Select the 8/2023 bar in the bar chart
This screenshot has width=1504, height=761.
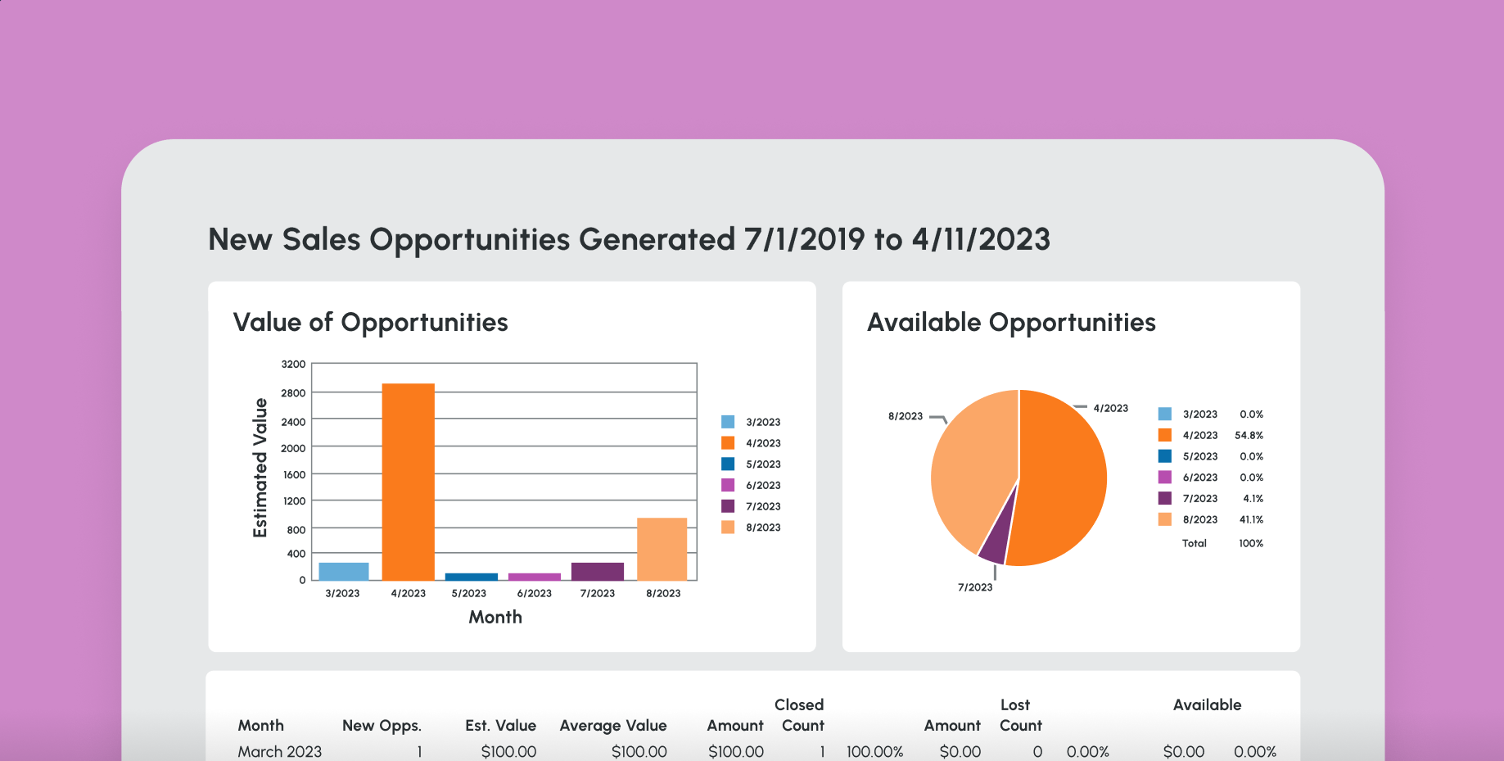coord(662,549)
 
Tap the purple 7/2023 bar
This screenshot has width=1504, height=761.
coord(598,571)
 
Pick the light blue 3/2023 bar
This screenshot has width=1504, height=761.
coord(343,571)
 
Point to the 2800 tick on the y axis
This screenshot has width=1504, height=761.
coord(293,393)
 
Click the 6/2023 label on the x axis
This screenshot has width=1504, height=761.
coord(534,593)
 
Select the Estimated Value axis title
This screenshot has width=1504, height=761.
coord(260,468)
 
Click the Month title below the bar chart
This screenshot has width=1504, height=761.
coord(495,618)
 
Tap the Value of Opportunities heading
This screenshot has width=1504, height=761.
coord(370,323)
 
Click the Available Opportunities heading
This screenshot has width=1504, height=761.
coord(1011,323)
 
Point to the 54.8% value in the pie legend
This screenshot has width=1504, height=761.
coord(1249,436)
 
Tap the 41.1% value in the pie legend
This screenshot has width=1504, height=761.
coord(1250,520)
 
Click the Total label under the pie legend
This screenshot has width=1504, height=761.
coord(1194,543)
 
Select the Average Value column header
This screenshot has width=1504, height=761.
coord(613,726)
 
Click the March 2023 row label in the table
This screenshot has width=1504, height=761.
coord(279,751)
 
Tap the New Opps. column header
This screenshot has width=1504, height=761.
coord(382,726)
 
